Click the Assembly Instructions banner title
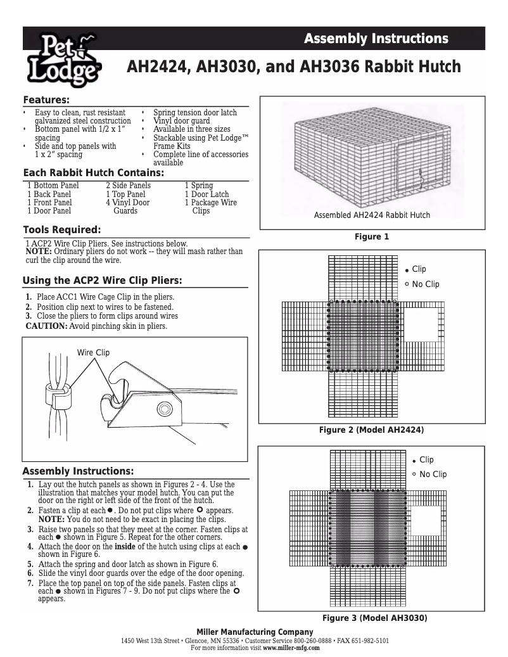376,39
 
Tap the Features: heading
46,100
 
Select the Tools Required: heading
61,229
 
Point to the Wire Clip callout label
93,352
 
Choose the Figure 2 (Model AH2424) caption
371,430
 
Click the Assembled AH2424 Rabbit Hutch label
372,215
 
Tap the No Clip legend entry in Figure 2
425,284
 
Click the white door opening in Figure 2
420,324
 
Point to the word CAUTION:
46,326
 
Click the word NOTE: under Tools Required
39,252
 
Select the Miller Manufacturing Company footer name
255,632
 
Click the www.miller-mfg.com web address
292,648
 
